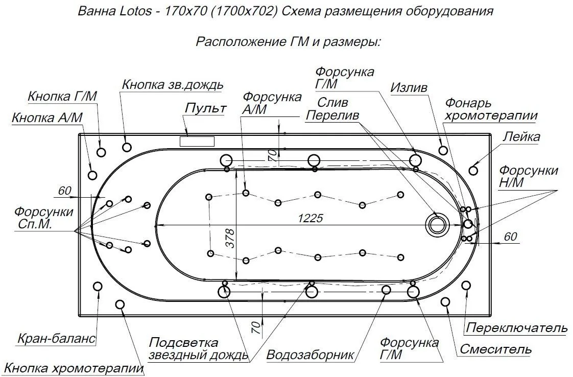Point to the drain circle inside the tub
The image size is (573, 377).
coord(437,224)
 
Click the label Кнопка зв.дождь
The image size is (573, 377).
coord(173,85)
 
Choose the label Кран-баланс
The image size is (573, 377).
coord(56,338)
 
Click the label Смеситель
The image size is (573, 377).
coord(495,350)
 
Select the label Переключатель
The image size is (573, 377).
coord(516,327)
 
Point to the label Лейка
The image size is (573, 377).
coord(521,136)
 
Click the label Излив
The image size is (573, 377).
coord(409,87)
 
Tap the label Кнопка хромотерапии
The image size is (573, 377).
coord(74,368)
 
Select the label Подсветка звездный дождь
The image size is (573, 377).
coord(198,348)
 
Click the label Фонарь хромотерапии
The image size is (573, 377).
coord(491,109)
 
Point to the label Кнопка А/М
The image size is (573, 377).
coord(47,118)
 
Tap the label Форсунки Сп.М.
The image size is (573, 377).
coord(43,217)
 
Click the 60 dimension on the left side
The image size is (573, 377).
coord(65,191)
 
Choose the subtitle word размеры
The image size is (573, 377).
coord(352,41)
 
